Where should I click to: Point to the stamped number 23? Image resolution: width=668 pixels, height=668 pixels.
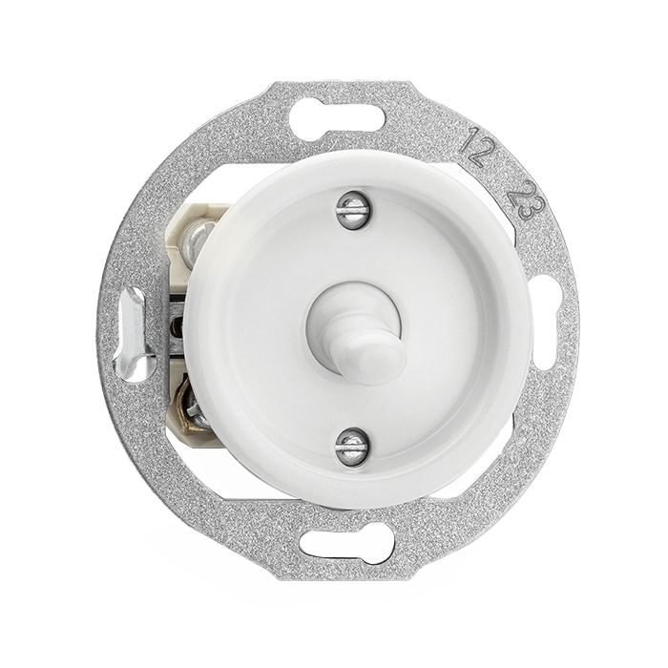(527, 200)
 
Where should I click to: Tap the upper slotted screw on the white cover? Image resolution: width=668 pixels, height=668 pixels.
(352, 209)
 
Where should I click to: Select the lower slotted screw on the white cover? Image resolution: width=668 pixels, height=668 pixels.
(351, 446)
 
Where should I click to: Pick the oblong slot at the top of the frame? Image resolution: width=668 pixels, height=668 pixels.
(337, 119)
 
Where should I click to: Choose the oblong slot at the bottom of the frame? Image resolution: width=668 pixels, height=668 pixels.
(346, 544)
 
